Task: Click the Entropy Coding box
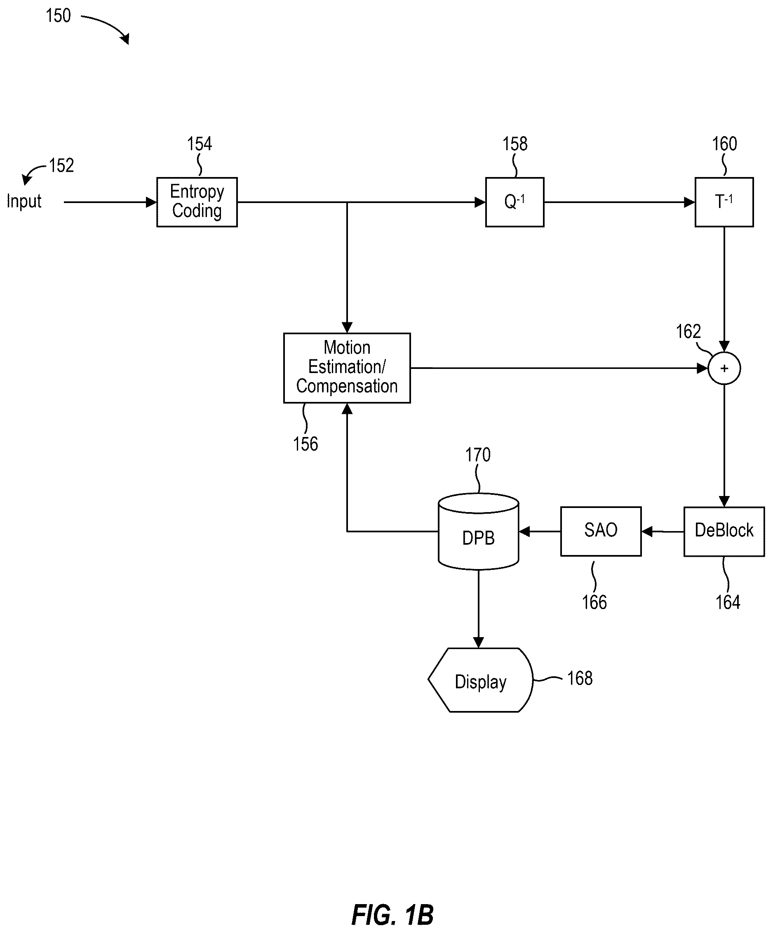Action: [197, 202]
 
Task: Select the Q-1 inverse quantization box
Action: [515, 202]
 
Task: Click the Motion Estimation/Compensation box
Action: [347, 368]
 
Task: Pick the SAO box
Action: [601, 531]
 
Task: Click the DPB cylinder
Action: [478, 531]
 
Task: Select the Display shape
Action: [480, 680]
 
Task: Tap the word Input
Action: [24, 202]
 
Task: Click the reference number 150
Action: [58, 16]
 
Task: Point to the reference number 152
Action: [61, 166]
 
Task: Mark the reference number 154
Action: [200, 144]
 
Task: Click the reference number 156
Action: [305, 444]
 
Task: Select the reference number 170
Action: [478, 455]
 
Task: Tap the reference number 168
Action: [580, 678]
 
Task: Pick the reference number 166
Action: [594, 602]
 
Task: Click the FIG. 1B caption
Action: [392, 915]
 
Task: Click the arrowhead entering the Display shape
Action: [478, 642]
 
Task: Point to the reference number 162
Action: [688, 331]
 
